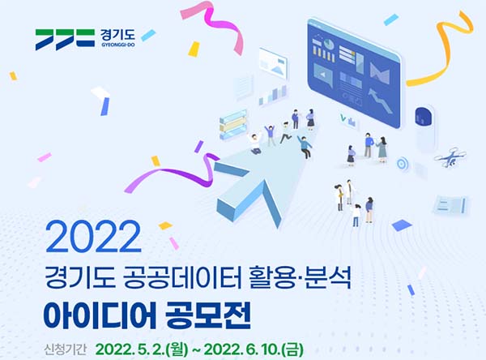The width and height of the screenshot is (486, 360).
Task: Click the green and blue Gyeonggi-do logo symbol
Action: click(x=65, y=40)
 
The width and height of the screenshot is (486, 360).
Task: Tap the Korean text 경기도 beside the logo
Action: click(x=117, y=35)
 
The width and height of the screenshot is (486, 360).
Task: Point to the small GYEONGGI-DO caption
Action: click(x=118, y=45)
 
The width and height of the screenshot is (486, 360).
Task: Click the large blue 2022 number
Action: click(x=93, y=237)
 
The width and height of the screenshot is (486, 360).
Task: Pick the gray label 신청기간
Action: click(x=65, y=349)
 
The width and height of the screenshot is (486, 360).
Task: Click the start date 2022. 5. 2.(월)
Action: click(x=142, y=349)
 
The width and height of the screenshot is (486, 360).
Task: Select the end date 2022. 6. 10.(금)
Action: click(x=254, y=349)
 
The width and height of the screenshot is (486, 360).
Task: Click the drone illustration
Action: click(x=450, y=157)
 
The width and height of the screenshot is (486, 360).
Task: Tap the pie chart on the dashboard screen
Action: click(x=329, y=44)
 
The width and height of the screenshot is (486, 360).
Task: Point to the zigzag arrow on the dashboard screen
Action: click(x=381, y=100)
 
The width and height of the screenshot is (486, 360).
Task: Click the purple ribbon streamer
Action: click(x=173, y=174)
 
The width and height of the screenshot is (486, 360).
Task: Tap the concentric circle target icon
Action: click(x=402, y=163)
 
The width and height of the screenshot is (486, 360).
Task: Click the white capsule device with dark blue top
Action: click(x=425, y=127)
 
